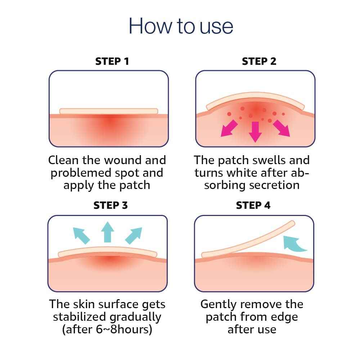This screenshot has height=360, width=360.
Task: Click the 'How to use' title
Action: pyautogui.click(x=181, y=26)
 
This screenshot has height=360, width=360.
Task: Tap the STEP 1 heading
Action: pyautogui.click(x=112, y=61)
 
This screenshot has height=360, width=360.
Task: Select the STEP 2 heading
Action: pyautogui.click(x=259, y=61)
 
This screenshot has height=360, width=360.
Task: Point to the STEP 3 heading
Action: pyautogui.click(x=111, y=206)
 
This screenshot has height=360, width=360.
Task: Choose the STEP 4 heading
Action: pyautogui.click(x=253, y=206)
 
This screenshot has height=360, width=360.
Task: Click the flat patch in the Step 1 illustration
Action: pyautogui.click(x=108, y=111)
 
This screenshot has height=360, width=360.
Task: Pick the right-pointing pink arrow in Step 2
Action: pyautogui.click(x=281, y=128)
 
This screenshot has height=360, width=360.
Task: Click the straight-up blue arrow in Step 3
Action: pyautogui.click(x=107, y=231)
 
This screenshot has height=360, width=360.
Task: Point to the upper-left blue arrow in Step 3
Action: pyautogui.click(x=81, y=235)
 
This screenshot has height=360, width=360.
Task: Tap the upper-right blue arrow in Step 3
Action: pyautogui.click(x=133, y=235)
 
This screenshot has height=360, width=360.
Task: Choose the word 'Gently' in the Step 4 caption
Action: pyautogui.click(x=220, y=305)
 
